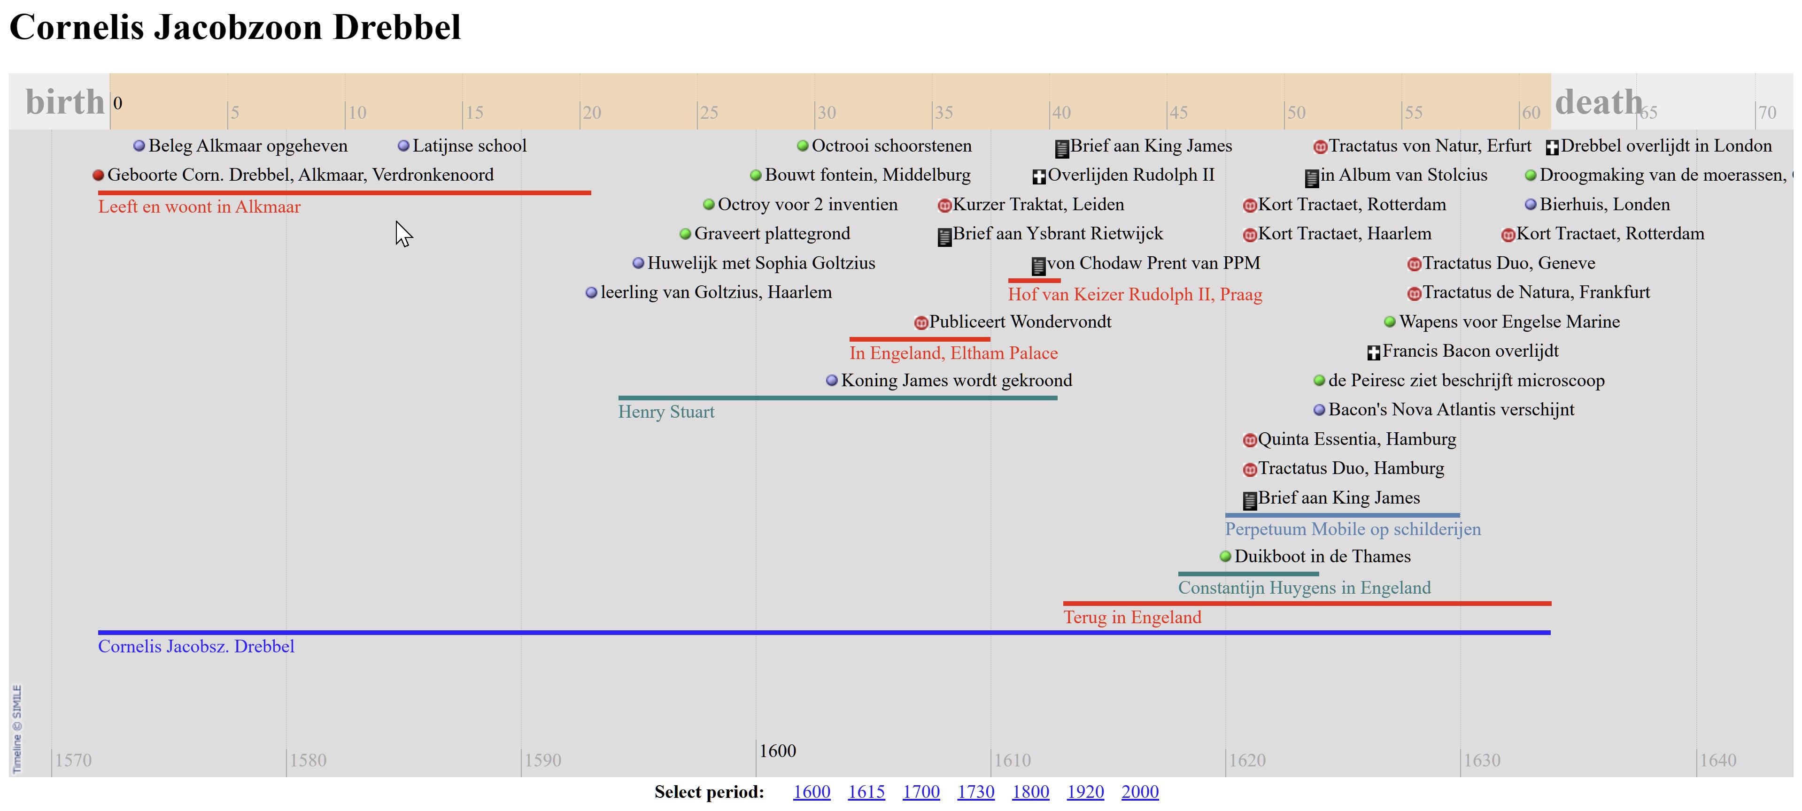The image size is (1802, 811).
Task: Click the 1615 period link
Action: tap(866, 792)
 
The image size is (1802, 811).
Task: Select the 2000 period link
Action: tap(1139, 792)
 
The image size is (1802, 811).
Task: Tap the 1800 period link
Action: tap(1030, 792)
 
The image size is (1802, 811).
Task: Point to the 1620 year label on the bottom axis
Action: tap(1247, 760)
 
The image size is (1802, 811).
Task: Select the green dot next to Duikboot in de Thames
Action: tap(1225, 557)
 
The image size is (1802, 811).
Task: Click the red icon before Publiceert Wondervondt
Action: tap(921, 323)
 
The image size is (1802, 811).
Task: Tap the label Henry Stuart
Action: tap(666, 412)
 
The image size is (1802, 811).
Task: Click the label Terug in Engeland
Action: tap(1132, 617)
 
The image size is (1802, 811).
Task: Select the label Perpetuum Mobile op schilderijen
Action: tap(1352, 529)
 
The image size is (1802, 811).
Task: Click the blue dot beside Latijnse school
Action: tap(403, 146)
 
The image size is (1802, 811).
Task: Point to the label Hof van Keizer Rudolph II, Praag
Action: tap(1135, 294)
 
